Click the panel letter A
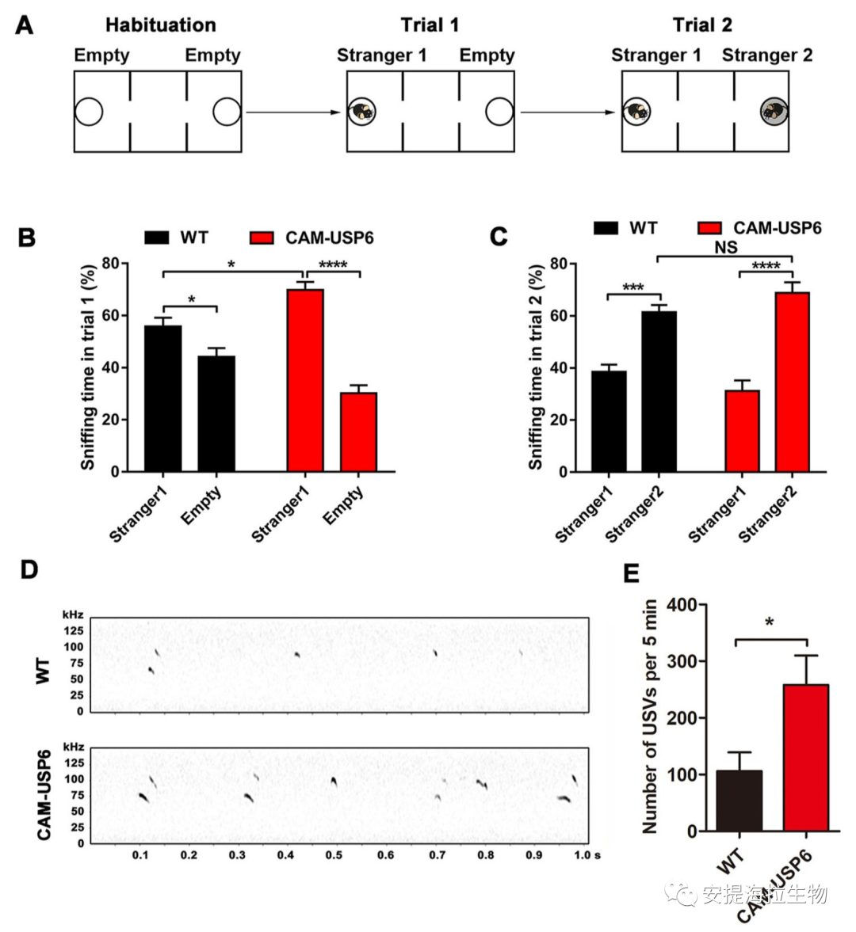25,26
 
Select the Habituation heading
160,25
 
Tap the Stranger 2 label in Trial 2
766,55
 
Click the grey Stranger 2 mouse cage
774,112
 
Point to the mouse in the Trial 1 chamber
362,112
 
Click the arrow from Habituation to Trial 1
293,112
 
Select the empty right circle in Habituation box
227,112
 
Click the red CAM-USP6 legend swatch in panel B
262,238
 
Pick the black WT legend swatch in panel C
606,228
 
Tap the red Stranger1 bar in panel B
305,380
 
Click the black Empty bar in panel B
216,413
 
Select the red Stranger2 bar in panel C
792,382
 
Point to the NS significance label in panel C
725,248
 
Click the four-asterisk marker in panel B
333,264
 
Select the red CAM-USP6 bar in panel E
806,757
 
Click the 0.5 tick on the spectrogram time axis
334,856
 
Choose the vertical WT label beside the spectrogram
44,670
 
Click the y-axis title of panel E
650,717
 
